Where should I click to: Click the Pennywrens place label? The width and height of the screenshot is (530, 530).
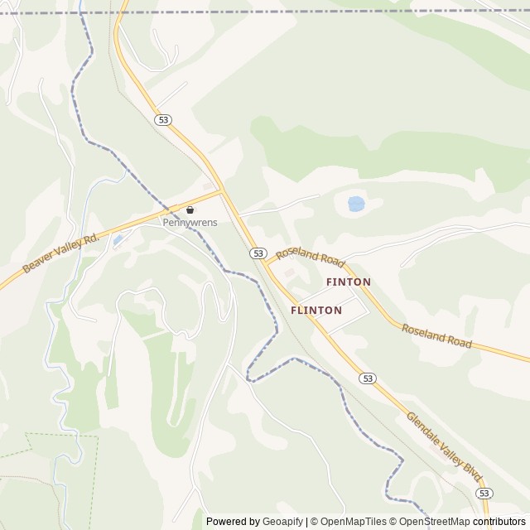pos(190,222)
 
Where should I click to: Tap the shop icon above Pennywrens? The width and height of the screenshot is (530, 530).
pos(190,210)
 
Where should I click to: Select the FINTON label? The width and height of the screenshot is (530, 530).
pos(349,282)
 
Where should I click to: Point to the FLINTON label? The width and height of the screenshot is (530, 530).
pos(316,311)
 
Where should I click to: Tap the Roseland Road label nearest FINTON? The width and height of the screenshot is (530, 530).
pos(311,257)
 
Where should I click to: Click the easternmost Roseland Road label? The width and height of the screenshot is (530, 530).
pos(436,335)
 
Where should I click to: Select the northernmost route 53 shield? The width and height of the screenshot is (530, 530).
pos(163,120)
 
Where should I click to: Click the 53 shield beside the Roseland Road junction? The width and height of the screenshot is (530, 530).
pos(258,253)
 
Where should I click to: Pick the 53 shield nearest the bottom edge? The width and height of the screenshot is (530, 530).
pos(484,493)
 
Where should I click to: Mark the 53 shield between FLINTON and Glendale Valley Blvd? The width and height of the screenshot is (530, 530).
pos(368,378)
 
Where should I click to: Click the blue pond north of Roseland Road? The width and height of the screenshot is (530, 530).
pos(355,203)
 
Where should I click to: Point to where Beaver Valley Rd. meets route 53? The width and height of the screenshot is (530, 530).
pos(222,191)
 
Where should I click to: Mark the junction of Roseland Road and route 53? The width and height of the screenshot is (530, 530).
pos(267,263)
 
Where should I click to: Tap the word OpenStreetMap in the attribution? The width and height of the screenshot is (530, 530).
pos(434,522)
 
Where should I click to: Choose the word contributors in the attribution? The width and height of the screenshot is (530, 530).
pos(499,522)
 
